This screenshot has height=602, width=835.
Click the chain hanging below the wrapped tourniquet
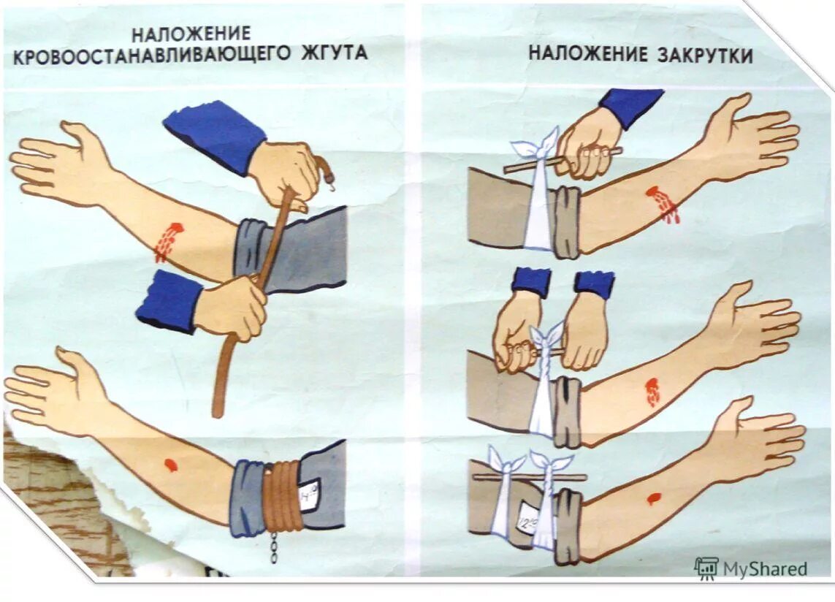pos(274,547)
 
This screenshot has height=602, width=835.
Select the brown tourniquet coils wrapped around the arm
pos(281,497)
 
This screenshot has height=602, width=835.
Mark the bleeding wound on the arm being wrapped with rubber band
pos(168,241)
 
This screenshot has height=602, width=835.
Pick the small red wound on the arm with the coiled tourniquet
pos(170,465)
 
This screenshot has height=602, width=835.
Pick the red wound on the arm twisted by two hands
pos(652,392)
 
